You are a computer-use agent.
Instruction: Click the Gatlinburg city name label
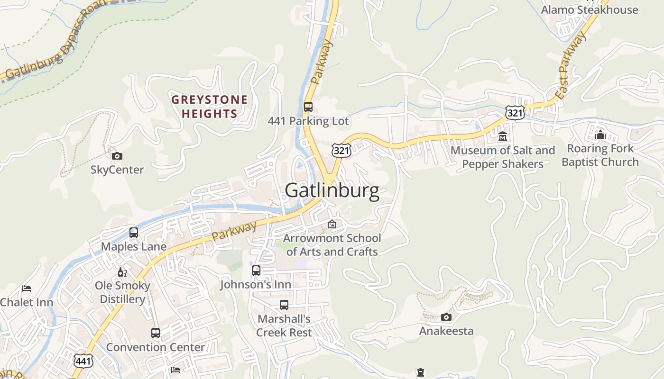click(332, 191)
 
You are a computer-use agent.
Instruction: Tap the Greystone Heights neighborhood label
click(210, 107)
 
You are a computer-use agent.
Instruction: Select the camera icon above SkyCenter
click(117, 156)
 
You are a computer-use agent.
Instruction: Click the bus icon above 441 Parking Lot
click(308, 107)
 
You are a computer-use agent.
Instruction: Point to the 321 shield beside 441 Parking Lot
click(341, 150)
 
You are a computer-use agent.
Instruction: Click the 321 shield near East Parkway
click(514, 112)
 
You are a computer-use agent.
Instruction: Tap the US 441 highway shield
click(83, 361)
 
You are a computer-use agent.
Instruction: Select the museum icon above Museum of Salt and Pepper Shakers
click(503, 137)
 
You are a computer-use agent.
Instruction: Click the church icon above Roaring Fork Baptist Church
click(600, 135)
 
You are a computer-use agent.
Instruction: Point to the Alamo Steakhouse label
click(590, 10)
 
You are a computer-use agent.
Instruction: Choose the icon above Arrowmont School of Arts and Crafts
click(332, 224)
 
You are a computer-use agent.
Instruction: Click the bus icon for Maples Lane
click(134, 233)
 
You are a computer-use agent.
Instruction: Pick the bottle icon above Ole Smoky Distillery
click(122, 272)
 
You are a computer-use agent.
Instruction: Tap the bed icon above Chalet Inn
click(27, 289)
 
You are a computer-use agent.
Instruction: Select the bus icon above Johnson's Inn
click(256, 271)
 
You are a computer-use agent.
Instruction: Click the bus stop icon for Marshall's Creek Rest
click(284, 305)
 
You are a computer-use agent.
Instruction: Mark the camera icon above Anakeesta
click(446, 317)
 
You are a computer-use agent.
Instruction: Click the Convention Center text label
click(156, 347)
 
